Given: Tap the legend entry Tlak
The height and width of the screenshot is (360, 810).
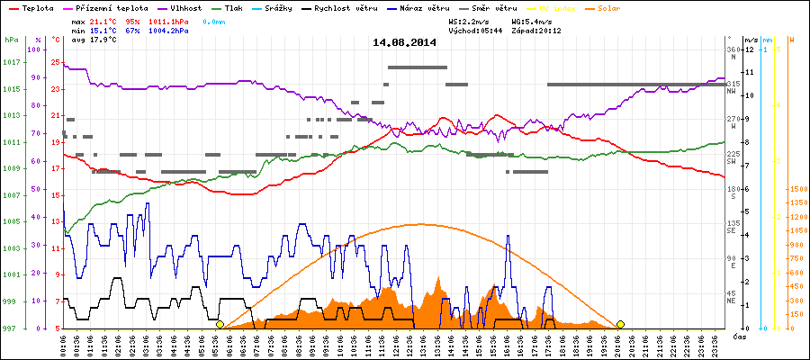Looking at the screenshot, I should (233, 7).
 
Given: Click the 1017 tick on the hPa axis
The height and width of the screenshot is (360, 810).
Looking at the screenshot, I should (11, 62).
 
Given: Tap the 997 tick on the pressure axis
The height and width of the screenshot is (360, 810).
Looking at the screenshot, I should (11, 328).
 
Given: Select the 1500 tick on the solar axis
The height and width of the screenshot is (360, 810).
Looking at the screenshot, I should (797, 190).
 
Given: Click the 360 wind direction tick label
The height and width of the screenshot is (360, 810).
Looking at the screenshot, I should (732, 49).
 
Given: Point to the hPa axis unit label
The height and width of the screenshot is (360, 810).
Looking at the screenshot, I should (11, 40).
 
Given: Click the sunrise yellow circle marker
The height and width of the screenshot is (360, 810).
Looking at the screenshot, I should (220, 324).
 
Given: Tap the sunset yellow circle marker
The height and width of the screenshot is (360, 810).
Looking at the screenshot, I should (620, 324).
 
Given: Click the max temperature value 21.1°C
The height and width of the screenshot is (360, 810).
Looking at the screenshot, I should (101, 20).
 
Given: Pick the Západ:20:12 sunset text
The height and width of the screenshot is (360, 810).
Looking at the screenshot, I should (536, 30).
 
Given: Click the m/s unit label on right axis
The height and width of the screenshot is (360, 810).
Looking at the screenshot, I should (750, 40).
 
